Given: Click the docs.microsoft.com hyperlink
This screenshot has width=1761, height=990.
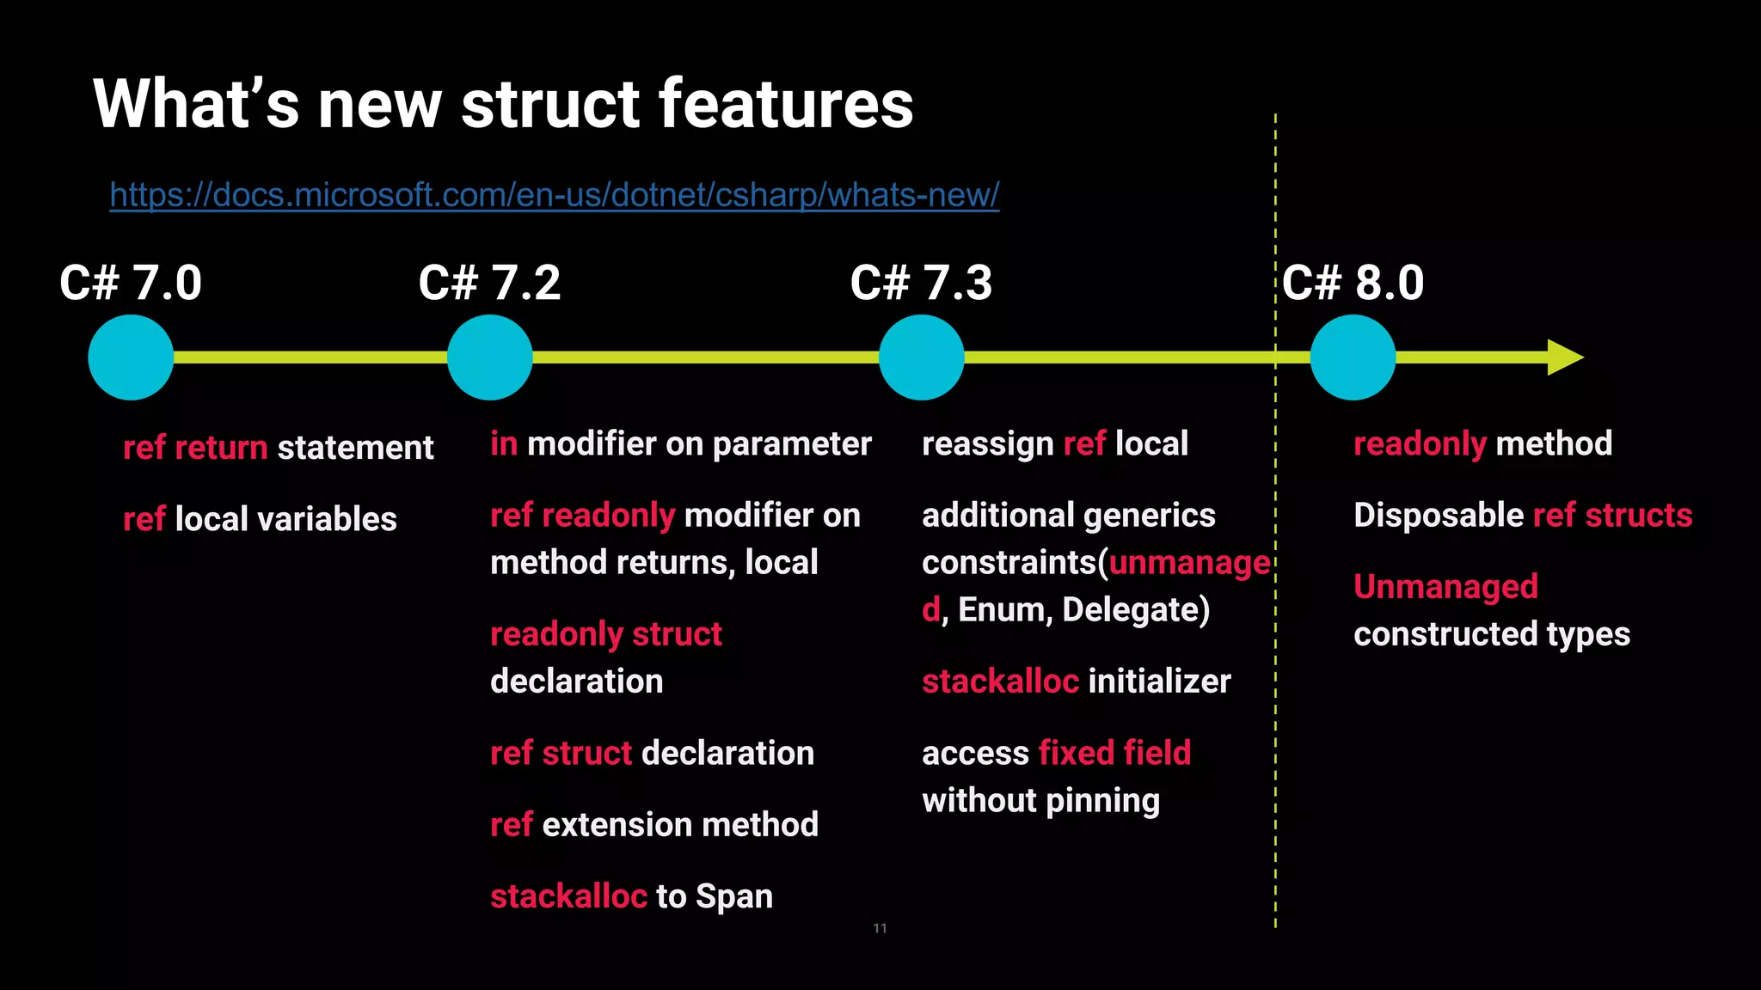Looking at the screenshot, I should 554,195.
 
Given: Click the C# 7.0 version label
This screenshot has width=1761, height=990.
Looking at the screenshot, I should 131,283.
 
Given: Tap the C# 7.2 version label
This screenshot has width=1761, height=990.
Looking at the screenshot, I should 489,283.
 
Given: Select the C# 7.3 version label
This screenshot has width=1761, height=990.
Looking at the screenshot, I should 921,283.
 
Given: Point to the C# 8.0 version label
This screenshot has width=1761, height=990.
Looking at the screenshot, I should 1353,283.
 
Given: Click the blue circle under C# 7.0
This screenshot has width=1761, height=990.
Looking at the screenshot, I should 131,357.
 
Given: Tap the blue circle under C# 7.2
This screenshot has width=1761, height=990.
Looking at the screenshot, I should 489,357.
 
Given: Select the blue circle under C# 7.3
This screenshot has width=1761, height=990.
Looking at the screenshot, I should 921,357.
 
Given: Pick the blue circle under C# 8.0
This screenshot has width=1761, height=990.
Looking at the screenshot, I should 1353,357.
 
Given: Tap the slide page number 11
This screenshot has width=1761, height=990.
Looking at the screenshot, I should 880,928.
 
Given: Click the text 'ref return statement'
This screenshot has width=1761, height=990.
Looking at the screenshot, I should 278,448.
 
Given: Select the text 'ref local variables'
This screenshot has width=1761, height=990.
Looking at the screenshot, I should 260,519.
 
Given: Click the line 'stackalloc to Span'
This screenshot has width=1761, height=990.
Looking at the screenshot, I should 631,896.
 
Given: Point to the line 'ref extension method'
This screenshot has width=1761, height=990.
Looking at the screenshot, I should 653,825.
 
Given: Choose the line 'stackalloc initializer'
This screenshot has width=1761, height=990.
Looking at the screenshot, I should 1076,681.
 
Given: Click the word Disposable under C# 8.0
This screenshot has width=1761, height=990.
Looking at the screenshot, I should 1438,516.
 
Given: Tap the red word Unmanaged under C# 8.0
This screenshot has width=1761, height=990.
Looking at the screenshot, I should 1445,587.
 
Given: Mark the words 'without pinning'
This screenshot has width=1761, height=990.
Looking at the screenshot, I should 1040,801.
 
